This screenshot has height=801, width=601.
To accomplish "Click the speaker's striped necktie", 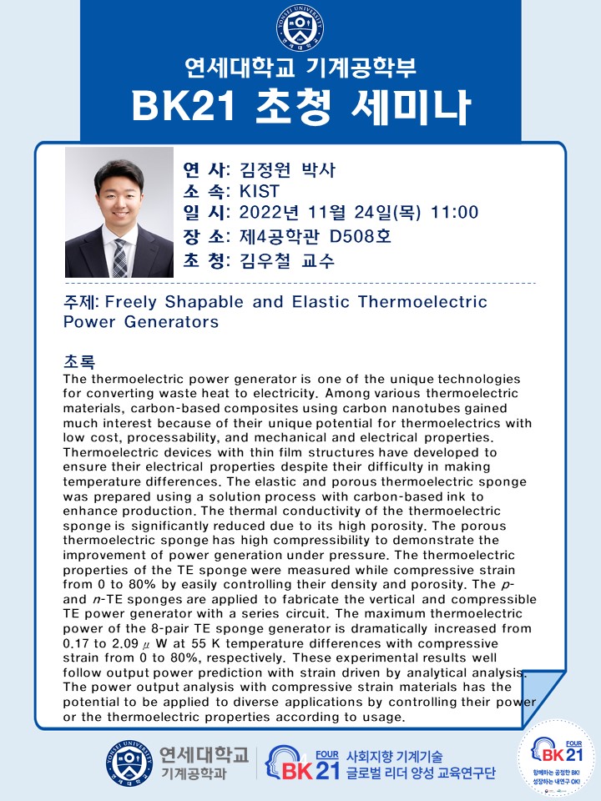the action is click(120, 258).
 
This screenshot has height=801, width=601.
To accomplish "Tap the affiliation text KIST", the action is click(260, 191).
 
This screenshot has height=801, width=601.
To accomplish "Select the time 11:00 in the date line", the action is click(455, 212).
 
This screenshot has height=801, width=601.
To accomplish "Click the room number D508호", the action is click(360, 236).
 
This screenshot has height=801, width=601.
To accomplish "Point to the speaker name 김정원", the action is click(265, 169).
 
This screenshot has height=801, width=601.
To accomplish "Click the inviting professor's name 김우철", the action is click(265, 260).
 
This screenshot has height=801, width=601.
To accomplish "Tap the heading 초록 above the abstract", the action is click(79, 361).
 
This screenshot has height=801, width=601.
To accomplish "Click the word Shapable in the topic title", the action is click(205, 302).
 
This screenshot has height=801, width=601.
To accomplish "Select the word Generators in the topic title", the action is click(171, 322).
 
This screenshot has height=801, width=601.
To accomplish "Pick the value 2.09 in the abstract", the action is click(124, 643).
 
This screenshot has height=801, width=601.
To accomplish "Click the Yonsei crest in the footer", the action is click(129, 763).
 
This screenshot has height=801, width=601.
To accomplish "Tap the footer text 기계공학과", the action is click(194, 773).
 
